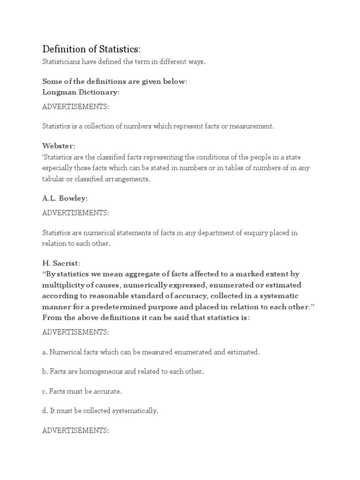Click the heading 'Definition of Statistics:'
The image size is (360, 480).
pyautogui.click(x=91, y=49)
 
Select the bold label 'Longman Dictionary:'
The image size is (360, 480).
pyautogui.click(x=81, y=92)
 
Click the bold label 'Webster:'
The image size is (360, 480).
pyautogui.click(x=59, y=146)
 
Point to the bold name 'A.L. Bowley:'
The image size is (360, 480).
pyautogui.click(x=65, y=199)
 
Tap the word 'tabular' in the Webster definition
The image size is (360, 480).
pyautogui.click(x=53, y=180)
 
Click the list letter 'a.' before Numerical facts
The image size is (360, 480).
pyautogui.click(x=45, y=352)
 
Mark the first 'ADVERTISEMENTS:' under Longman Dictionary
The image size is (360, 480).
pyautogui.click(x=75, y=107)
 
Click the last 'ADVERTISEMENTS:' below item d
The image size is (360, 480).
pyautogui.click(x=75, y=430)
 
